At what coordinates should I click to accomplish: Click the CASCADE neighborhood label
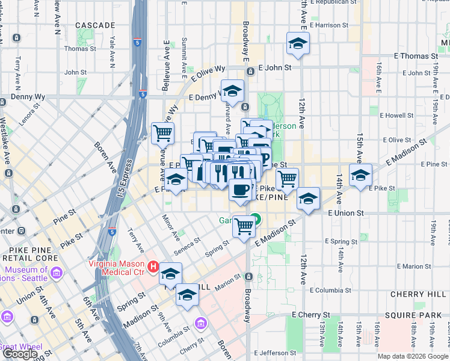tap(95, 25)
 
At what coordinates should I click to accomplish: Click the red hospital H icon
tap(153, 266)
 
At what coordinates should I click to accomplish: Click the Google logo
tap(20, 354)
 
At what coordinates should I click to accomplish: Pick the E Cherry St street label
tap(310, 315)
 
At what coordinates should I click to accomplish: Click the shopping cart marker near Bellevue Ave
tap(163, 134)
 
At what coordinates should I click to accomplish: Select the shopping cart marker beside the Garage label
tap(244, 227)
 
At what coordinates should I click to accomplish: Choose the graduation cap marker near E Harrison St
tap(297, 43)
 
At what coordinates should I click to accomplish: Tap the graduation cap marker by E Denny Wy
tap(232, 91)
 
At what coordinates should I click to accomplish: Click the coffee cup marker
tap(240, 190)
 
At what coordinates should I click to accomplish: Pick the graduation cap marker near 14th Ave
tap(360, 175)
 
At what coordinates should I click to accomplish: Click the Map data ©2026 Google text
tap(413, 356)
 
